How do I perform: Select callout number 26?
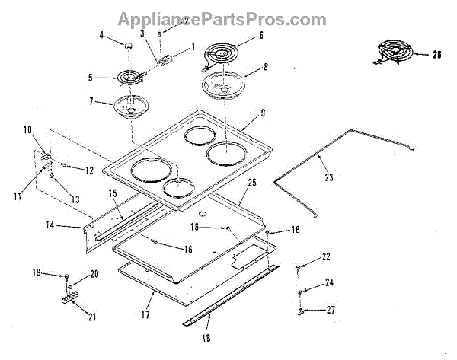[x=436, y=54]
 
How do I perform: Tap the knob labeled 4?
[x=129, y=47]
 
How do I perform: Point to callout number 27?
[x=329, y=310]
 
